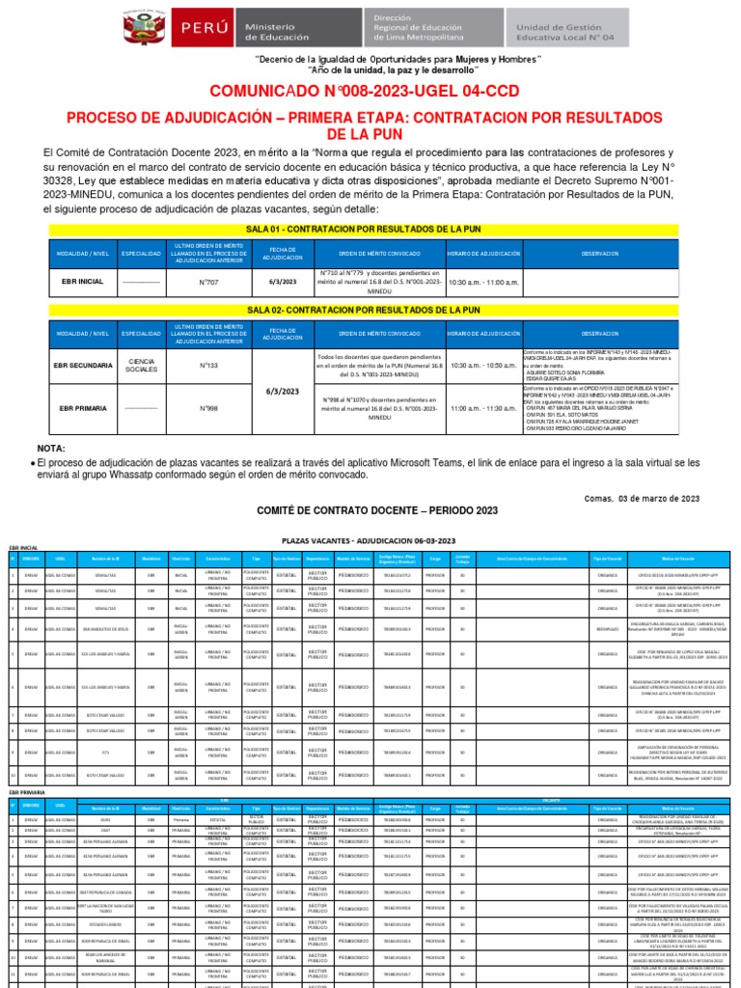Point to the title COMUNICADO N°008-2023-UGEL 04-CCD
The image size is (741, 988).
click(x=370, y=92)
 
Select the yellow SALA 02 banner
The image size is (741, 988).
click(x=370, y=310)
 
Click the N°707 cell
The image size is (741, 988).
click(x=209, y=281)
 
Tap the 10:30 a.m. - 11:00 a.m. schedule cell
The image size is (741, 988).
click(x=481, y=281)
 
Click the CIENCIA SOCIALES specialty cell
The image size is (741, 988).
click(x=141, y=366)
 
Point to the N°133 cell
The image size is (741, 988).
click(x=209, y=366)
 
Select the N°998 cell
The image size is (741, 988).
click(x=209, y=408)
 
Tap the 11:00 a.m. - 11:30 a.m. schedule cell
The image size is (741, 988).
click(x=481, y=408)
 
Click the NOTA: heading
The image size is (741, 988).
click(x=51, y=449)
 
